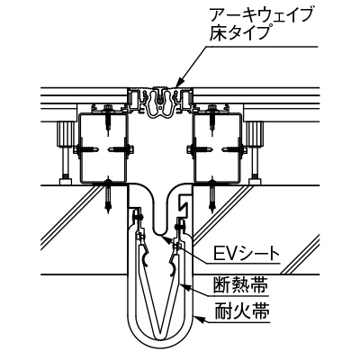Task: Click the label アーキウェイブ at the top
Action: [x=261, y=16]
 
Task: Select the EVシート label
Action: [x=247, y=255]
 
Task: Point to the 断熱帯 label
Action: [x=240, y=285]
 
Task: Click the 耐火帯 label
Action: [x=241, y=312]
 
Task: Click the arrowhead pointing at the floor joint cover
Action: [x=179, y=84]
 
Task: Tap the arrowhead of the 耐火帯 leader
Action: [x=198, y=319]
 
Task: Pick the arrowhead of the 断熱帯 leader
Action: [x=184, y=287]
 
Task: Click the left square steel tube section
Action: [x=103, y=148]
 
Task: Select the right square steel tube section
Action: [x=217, y=148]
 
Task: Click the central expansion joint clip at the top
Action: [x=162, y=103]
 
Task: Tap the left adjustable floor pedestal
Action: [x=66, y=150]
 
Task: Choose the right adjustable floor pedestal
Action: [x=255, y=150]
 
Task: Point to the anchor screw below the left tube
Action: [x=108, y=195]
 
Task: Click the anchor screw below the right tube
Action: [x=212, y=195]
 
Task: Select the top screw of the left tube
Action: [x=108, y=119]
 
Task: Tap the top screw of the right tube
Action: [x=212, y=119]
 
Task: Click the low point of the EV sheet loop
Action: [x=160, y=235]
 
